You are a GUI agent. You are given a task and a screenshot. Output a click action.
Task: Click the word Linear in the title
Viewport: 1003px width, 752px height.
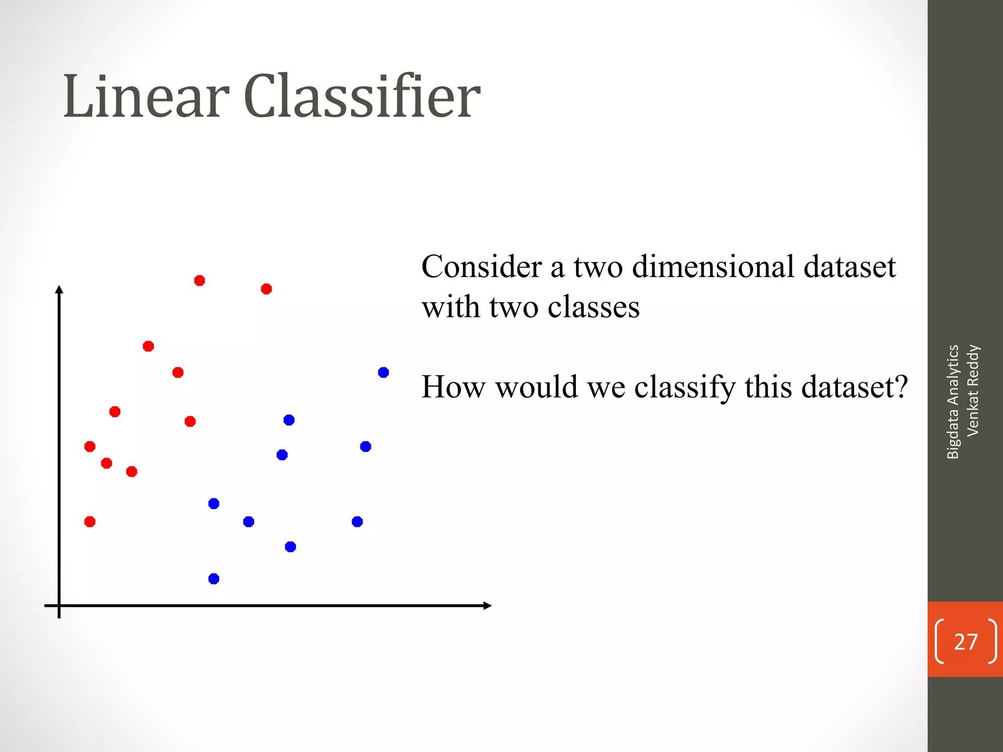146,96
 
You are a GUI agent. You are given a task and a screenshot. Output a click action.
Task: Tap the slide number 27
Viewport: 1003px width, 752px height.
965,641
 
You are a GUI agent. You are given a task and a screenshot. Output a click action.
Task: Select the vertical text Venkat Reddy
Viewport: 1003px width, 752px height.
973,390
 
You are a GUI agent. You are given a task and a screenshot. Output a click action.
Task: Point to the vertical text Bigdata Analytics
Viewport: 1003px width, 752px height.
953,401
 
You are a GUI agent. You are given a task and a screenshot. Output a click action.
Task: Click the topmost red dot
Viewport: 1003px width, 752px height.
199,281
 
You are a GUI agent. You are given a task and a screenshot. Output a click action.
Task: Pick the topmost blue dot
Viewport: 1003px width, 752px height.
383,373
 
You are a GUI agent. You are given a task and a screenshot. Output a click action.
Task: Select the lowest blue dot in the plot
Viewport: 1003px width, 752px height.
214,579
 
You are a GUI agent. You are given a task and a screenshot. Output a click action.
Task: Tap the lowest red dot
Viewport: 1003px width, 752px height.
90,521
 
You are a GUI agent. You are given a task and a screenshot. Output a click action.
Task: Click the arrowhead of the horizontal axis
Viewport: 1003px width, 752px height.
487,606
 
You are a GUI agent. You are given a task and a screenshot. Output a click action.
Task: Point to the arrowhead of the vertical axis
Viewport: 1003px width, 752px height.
59,289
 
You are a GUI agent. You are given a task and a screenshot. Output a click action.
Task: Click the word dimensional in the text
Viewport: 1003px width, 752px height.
713,267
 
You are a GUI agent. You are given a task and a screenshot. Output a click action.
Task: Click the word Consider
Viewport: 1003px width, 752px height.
482,267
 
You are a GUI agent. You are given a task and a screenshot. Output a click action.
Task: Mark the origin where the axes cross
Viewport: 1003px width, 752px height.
59,606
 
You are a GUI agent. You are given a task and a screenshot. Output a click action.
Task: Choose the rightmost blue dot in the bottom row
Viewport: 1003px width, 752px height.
357,521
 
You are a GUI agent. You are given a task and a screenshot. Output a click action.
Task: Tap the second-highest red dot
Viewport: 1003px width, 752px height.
266,289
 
